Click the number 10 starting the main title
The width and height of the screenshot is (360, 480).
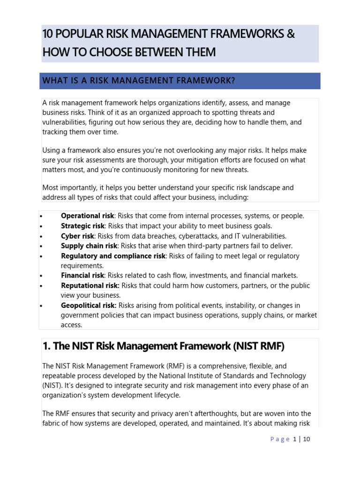(x=48, y=34)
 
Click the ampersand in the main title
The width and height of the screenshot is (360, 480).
(x=291, y=34)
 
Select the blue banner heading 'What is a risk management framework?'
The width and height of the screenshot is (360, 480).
(x=139, y=81)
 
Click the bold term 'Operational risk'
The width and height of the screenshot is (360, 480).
(x=87, y=216)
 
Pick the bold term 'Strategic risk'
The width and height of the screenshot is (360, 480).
(x=82, y=226)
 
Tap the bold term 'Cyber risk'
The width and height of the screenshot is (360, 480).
(x=77, y=236)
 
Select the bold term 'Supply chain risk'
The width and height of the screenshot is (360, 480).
(x=89, y=246)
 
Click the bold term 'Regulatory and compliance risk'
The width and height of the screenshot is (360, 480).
(x=113, y=256)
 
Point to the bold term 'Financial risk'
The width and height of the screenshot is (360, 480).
(x=82, y=276)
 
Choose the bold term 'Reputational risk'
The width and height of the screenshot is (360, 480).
(x=90, y=285)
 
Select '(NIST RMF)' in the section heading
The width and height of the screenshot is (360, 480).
(x=260, y=346)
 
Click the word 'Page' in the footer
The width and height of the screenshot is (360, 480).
(x=280, y=439)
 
